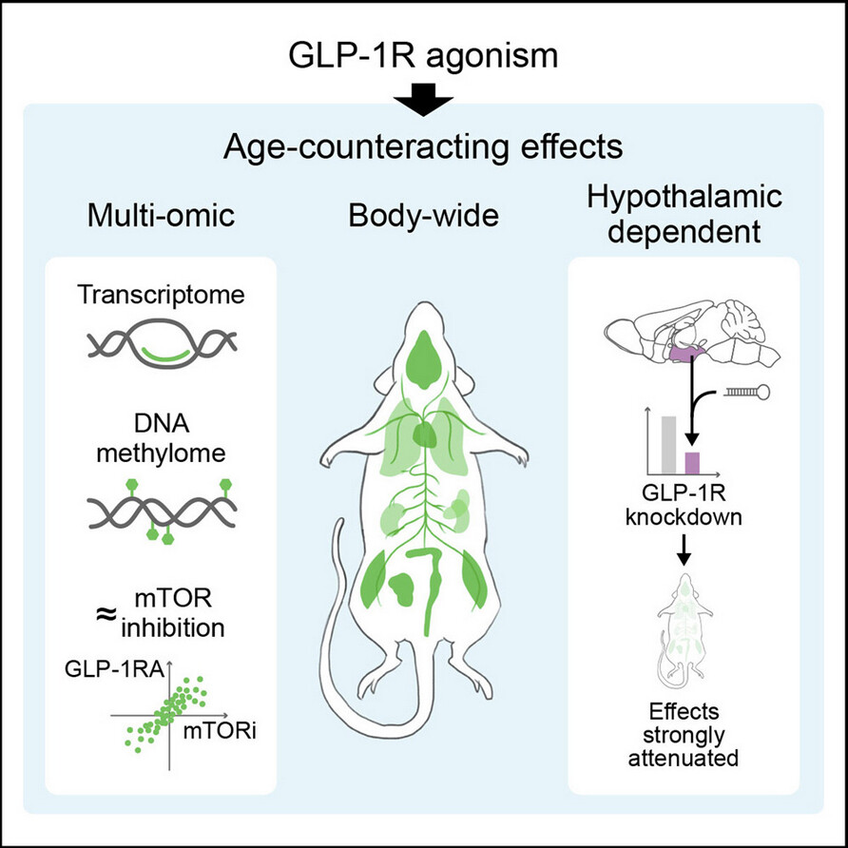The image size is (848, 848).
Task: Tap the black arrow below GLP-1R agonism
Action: [x=423, y=99]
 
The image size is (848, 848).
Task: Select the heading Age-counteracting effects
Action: [x=423, y=148]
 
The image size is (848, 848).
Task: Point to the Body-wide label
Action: [x=423, y=216]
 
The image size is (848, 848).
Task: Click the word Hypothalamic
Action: [x=684, y=198]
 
